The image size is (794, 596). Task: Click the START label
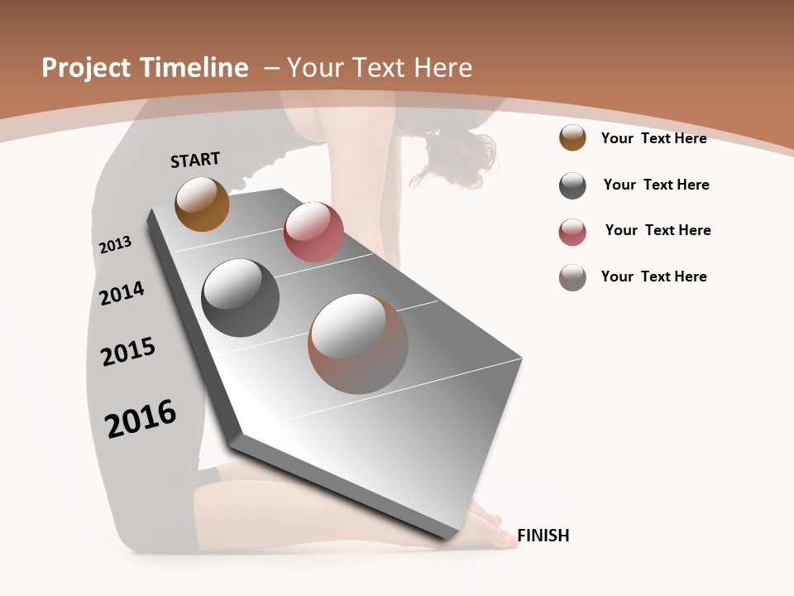(x=195, y=160)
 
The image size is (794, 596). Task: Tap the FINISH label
(x=543, y=536)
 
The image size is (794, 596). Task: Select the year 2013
(x=115, y=245)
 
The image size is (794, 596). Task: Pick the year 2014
(x=122, y=293)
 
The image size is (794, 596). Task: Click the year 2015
(x=128, y=352)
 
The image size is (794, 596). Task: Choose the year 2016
(x=141, y=418)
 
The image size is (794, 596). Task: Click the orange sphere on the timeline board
(x=202, y=204)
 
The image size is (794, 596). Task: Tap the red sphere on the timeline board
(x=313, y=231)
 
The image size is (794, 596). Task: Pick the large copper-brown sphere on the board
(x=358, y=344)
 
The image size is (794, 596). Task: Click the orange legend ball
(x=572, y=138)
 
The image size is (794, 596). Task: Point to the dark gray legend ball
(x=572, y=185)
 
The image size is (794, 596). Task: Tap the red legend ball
(x=572, y=232)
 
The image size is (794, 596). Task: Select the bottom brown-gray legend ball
(x=572, y=277)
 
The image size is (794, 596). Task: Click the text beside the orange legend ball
(x=653, y=138)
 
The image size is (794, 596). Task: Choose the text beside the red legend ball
(x=658, y=230)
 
